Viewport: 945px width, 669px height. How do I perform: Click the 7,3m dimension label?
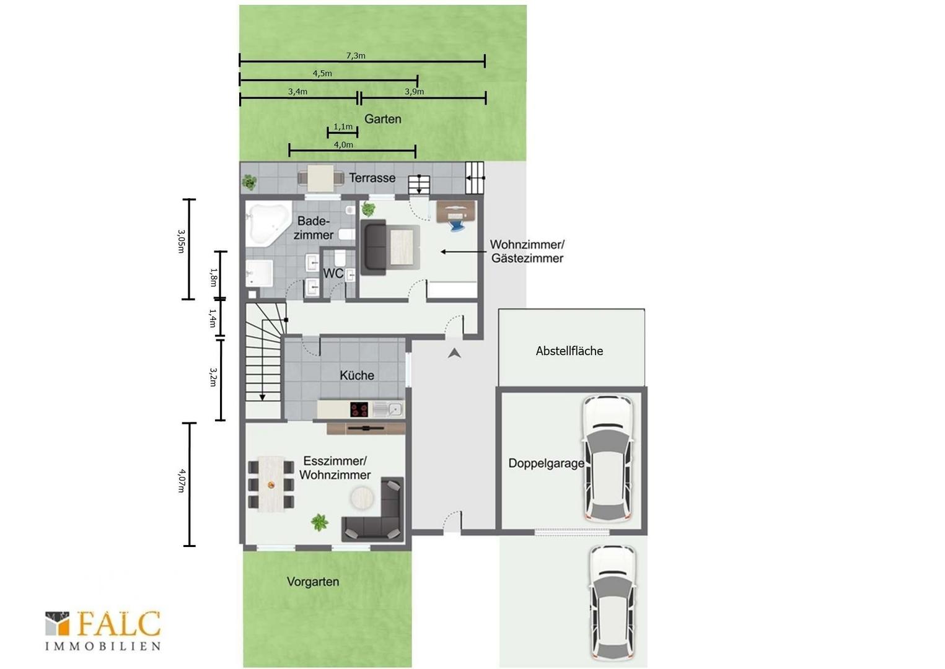tap(356, 56)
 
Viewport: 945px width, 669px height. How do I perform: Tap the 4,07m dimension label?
tap(181, 481)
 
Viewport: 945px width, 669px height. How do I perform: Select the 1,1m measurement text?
tap(343, 126)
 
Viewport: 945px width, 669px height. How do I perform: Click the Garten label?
tap(382, 119)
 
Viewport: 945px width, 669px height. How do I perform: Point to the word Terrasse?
tap(372, 178)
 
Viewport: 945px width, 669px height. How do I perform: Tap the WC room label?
tap(333, 273)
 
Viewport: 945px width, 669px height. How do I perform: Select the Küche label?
tap(357, 375)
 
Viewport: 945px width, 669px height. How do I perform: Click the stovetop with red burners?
tap(359, 409)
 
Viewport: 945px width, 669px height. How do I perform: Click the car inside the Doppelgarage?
tap(607, 458)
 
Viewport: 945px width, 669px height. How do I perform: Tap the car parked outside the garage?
tap(613, 606)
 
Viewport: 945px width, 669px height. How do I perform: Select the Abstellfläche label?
tap(569, 351)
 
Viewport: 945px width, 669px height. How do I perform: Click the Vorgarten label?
tap(313, 582)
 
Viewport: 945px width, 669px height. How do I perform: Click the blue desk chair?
tap(457, 223)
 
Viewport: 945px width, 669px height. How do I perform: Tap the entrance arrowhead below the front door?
tap(454, 354)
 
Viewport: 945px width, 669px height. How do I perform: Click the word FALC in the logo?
tap(120, 624)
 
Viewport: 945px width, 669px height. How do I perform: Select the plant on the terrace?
tap(249, 182)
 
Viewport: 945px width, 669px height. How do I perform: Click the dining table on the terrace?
tap(320, 178)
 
